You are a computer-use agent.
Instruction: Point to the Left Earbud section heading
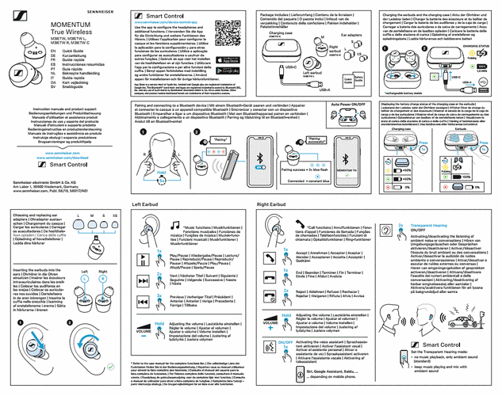(x=147, y=204)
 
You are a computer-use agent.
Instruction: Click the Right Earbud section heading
(x=274, y=204)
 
